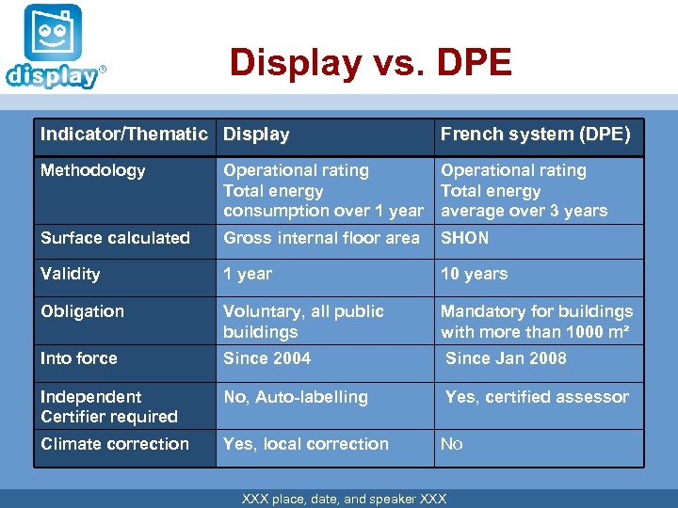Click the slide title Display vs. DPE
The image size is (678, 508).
click(370, 63)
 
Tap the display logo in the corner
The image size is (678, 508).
click(53, 47)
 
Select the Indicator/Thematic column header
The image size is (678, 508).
click(123, 135)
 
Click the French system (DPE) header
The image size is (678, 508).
click(535, 135)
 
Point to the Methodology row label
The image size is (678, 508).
click(92, 170)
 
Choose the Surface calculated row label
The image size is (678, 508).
click(115, 238)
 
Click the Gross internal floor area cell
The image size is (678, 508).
click(321, 238)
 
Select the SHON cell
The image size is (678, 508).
click(465, 238)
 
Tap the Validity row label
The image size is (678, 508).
click(70, 274)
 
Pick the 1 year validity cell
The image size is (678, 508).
click(248, 274)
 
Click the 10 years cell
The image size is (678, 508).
click(474, 274)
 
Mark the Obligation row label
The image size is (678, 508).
click(82, 311)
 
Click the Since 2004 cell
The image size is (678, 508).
click(266, 358)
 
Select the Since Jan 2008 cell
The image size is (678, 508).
click(506, 358)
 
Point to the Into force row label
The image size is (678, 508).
click(79, 358)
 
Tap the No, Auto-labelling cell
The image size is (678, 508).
click(296, 397)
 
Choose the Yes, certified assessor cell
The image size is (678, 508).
click(537, 397)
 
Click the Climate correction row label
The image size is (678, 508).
click(115, 444)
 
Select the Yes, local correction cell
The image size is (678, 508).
click(306, 444)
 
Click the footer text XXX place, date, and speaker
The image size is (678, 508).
click(344, 499)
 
